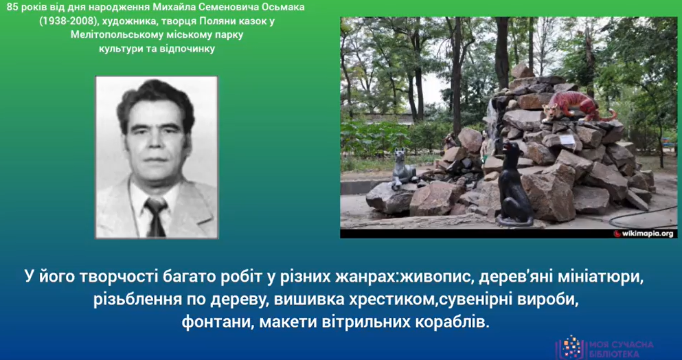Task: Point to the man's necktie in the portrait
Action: (156, 216)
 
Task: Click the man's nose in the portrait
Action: (156, 142)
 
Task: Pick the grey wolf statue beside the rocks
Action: (402, 168)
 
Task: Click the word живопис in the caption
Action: (436, 278)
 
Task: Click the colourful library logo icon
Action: (571, 346)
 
